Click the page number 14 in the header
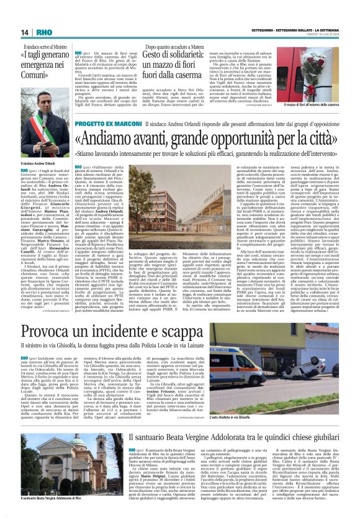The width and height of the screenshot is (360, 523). tap(24, 32)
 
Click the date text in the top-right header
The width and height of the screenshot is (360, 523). tap(328, 38)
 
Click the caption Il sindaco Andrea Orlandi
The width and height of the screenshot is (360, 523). tap(37, 163)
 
